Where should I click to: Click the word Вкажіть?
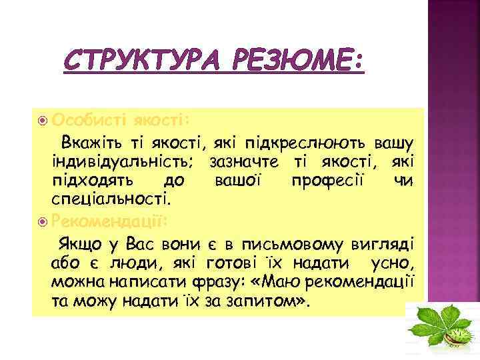point(93,142)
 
